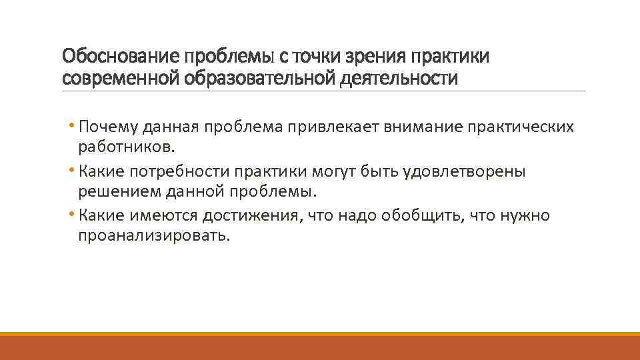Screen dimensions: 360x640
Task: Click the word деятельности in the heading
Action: (399, 79)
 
